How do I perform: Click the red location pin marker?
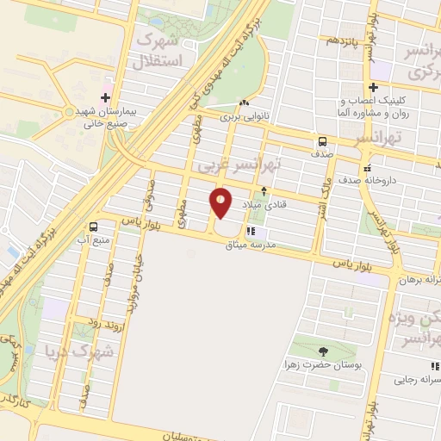[x=221, y=203]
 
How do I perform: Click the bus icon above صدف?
[x=322, y=141]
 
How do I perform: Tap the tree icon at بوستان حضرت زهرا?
[x=322, y=351]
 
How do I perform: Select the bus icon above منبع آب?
[x=92, y=227]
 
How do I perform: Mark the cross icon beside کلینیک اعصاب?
[x=373, y=88]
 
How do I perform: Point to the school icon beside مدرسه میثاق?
[x=251, y=232]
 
